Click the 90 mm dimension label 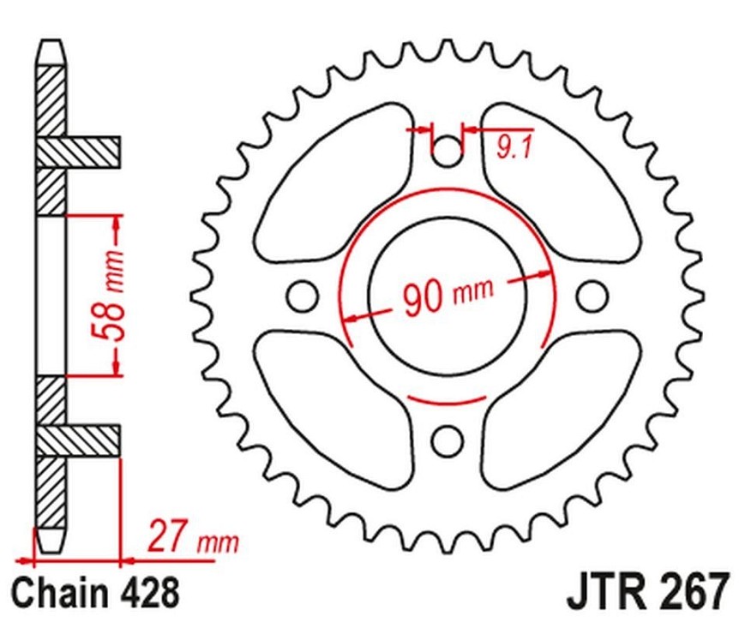(448, 296)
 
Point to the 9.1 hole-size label (514, 148)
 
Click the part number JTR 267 (646, 592)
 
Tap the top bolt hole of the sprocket (446, 151)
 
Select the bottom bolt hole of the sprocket (447, 440)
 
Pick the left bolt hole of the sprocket (302, 296)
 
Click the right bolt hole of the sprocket (592, 296)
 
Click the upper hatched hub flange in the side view (78, 152)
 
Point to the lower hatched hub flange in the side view (78, 440)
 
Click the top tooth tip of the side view (51, 43)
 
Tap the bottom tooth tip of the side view (51, 551)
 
